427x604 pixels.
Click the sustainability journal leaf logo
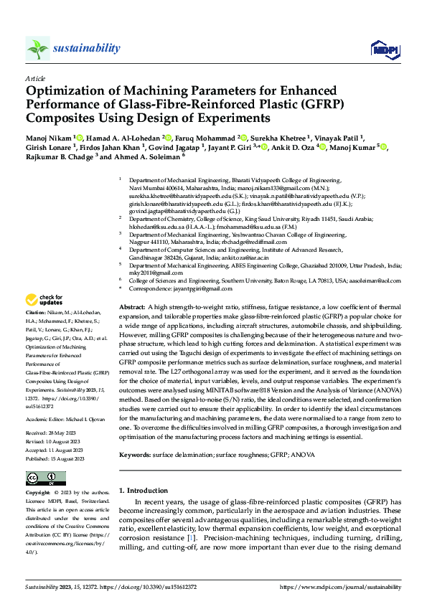click(37, 49)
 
